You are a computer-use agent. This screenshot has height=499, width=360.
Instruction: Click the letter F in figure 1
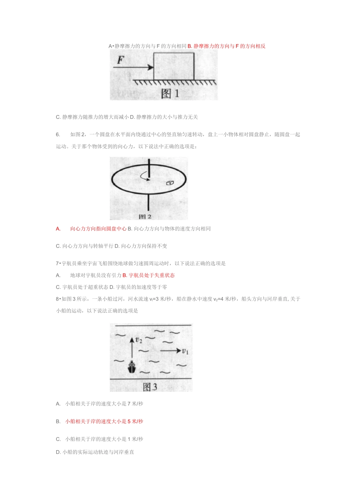click(x=121, y=59)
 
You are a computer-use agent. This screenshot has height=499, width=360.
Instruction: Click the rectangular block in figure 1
click(x=174, y=66)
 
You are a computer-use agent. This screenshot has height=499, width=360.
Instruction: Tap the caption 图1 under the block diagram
click(x=170, y=93)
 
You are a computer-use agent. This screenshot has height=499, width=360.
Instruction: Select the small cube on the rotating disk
click(x=170, y=183)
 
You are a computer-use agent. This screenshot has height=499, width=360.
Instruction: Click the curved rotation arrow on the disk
click(x=144, y=176)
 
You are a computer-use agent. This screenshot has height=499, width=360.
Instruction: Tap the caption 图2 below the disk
click(x=145, y=217)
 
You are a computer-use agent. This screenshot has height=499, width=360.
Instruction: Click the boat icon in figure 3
click(x=132, y=367)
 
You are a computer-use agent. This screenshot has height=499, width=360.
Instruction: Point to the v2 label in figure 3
click(x=139, y=340)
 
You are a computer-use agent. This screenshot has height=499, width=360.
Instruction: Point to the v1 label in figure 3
click(x=185, y=351)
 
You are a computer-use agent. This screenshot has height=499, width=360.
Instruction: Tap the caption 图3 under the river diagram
click(x=150, y=387)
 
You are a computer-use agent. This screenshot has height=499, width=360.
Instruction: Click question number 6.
click(x=58, y=134)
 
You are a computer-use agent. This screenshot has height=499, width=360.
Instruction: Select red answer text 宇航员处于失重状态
click(x=152, y=275)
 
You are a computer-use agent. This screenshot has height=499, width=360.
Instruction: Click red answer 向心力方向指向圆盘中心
click(x=98, y=229)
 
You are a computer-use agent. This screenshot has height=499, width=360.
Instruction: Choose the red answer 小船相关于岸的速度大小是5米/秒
click(x=104, y=421)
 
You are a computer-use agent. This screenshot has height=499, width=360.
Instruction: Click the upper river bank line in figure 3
click(x=153, y=325)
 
